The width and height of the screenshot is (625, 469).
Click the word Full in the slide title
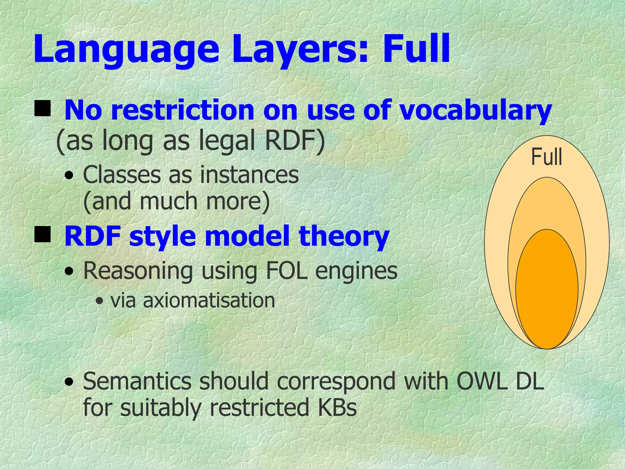[416, 49]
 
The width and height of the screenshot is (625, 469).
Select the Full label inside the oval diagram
[546, 157]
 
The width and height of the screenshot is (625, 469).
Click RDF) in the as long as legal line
[295, 141]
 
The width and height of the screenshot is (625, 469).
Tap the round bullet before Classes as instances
[70, 176]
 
